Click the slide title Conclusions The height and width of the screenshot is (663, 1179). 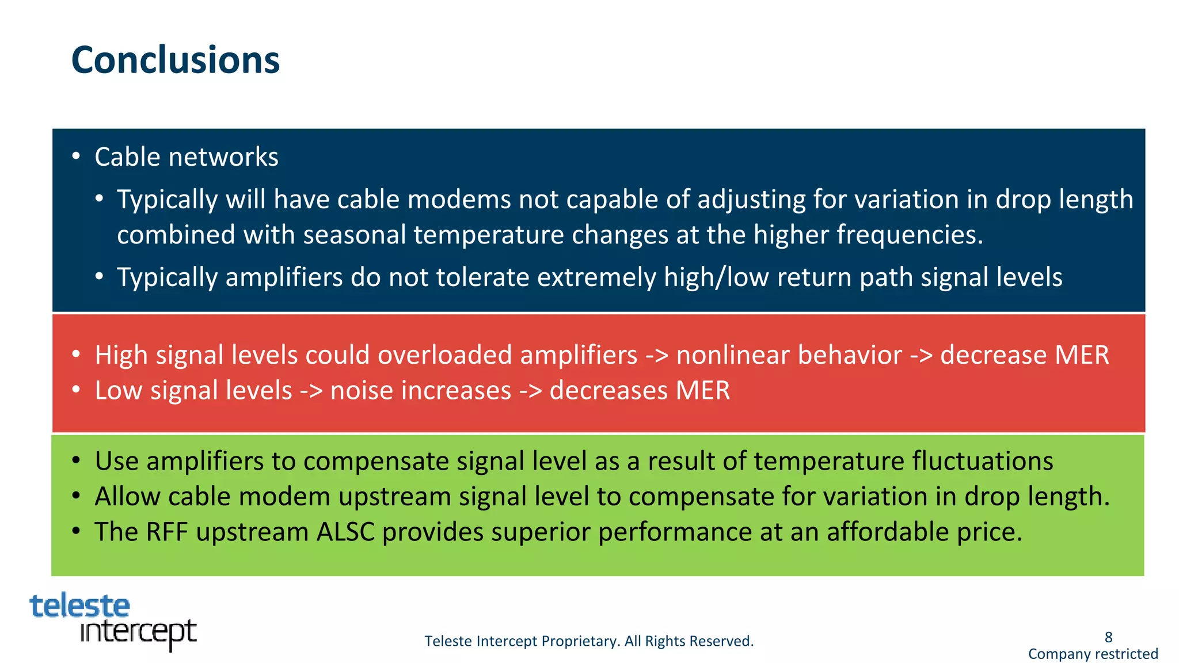pos(175,60)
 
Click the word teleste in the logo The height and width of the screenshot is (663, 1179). pos(79,606)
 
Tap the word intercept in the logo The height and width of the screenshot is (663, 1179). pos(138,632)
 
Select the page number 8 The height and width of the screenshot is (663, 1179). pos(1108,637)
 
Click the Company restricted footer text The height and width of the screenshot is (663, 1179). pos(1093,654)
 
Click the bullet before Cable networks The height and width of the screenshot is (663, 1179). pos(76,157)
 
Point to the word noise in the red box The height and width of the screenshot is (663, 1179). pos(362,390)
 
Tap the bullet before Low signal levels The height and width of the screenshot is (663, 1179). pos(76,390)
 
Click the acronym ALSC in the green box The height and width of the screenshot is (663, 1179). pos(345,532)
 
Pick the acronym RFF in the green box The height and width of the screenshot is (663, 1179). pos(167,532)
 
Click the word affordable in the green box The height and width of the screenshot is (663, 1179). pos(887,532)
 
